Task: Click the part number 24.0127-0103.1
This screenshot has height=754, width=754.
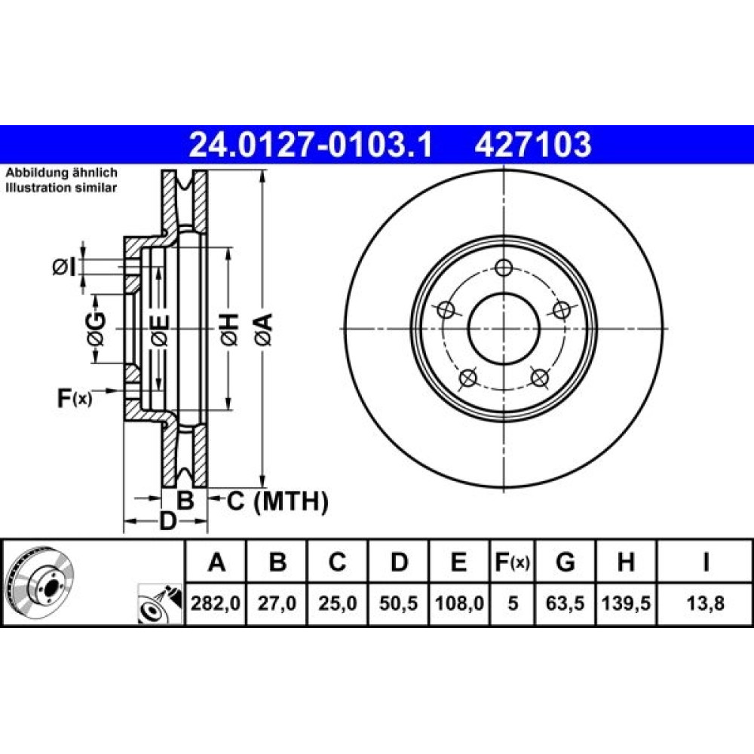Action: click(311, 144)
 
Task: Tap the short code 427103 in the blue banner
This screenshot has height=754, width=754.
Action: click(533, 144)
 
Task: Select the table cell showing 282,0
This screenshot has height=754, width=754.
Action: click(216, 603)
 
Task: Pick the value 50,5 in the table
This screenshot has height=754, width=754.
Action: click(398, 603)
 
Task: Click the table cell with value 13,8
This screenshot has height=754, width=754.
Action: click(705, 603)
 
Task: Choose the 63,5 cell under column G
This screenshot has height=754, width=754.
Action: click(565, 603)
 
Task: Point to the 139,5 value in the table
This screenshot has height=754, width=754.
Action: click(626, 603)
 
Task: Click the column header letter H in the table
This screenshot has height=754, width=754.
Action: click(626, 562)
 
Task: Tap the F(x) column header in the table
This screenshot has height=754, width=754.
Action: click(513, 562)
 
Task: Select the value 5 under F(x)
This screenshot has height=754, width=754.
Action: click(513, 603)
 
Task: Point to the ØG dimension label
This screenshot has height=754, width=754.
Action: click(97, 329)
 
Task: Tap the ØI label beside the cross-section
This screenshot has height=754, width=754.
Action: click(64, 268)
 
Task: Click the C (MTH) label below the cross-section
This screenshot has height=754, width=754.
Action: click(277, 501)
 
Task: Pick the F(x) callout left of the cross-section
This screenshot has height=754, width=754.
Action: click(74, 398)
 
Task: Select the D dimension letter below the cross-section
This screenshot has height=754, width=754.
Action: click(168, 521)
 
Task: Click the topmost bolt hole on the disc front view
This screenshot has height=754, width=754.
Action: click(504, 268)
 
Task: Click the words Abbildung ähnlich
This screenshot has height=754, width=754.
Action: click(61, 173)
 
